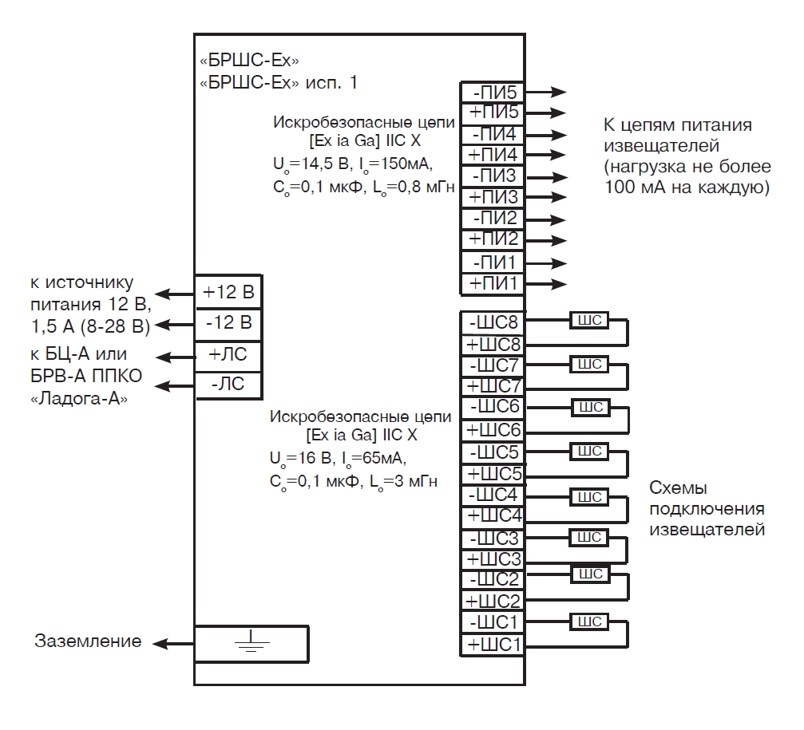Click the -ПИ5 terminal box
tap(493, 93)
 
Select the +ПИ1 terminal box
tap(493, 283)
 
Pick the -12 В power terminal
tap(229, 322)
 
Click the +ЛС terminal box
tap(229, 354)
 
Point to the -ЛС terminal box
tap(229, 385)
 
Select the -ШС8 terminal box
tap(493, 323)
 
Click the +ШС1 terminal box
tap(493, 643)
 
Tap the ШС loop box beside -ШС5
tap(589, 451)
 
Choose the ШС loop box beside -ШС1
tap(589, 621)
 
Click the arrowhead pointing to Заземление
tap(160, 642)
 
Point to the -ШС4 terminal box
tap(493, 493)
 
